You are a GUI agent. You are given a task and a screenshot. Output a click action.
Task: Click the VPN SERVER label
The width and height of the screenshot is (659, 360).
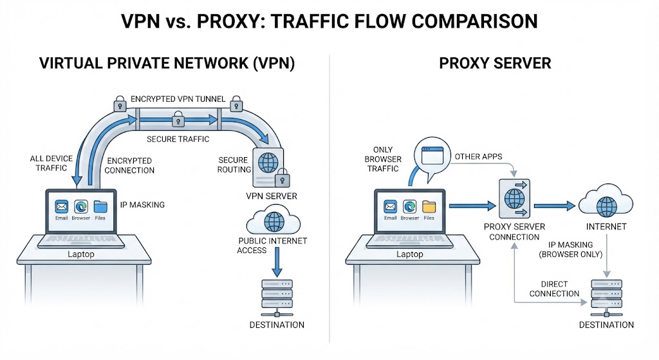coord(272,196)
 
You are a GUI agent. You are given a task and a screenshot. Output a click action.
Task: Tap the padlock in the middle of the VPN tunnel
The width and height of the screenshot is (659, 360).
coord(178,118)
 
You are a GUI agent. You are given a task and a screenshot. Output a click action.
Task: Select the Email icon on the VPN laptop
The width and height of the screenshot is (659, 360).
coord(62,207)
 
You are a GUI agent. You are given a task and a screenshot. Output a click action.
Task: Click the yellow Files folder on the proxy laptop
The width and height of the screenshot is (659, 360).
coord(429,207)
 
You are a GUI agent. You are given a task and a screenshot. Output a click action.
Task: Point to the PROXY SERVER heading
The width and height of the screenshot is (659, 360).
coord(495,63)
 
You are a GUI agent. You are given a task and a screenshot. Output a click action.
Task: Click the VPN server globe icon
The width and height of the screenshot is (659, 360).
coord(268,162)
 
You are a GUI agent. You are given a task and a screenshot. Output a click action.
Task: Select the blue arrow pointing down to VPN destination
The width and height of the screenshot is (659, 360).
coord(277,261)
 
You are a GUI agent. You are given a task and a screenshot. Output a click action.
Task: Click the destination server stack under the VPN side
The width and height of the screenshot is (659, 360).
coord(277,298)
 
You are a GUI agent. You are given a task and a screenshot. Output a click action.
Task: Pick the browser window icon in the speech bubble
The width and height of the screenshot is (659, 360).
coord(432,156)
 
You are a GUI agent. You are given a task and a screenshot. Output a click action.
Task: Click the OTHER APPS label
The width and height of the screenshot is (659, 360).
coord(478,156)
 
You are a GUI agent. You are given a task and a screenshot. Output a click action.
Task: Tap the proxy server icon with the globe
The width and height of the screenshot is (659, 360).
coord(514,198)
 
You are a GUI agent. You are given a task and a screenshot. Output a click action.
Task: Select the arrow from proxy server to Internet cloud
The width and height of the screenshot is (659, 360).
coord(554,206)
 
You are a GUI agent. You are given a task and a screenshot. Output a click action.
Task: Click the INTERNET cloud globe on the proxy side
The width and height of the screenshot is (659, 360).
coord(606,206)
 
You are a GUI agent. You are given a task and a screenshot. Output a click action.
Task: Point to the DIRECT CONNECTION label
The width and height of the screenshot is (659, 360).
coord(554,289)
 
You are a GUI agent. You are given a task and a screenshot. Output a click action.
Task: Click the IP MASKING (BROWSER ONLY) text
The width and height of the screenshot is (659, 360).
coord(570,249)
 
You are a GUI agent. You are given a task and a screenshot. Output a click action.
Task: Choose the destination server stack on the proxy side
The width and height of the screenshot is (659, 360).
coord(606,298)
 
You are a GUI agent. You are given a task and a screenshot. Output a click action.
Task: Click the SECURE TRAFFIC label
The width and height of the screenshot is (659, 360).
coord(178,139)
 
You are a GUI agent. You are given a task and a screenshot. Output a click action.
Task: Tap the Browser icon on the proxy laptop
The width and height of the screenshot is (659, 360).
coord(410,207)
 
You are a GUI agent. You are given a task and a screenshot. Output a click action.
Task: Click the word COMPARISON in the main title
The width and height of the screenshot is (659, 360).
coord(474,21)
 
